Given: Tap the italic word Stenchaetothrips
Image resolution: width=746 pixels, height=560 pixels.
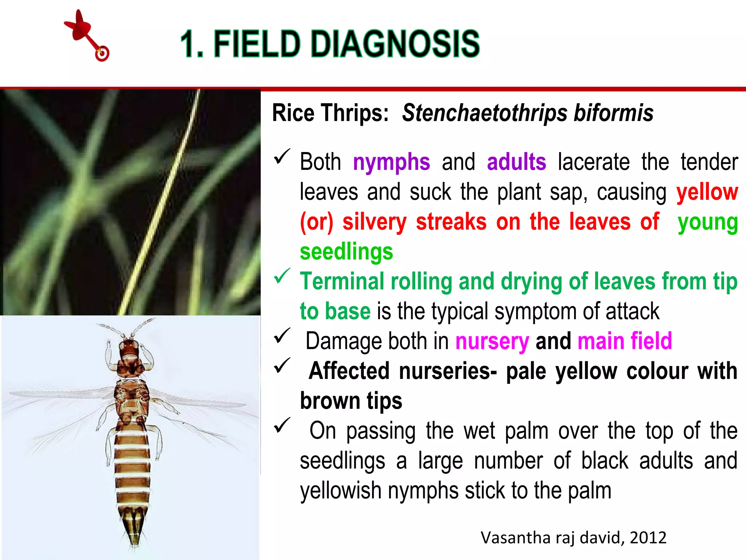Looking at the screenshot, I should [x=484, y=113].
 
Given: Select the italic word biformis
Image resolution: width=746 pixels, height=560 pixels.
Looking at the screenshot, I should [x=613, y=113].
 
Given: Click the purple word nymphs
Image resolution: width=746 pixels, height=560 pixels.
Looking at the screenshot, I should [x=391, y=162].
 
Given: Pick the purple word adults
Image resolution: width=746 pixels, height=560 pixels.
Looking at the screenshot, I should [x=516, y=162].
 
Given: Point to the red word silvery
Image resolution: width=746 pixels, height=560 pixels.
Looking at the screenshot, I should [x=374, y=222].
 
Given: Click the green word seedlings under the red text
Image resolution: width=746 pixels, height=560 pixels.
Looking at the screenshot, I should [x=346, y=252].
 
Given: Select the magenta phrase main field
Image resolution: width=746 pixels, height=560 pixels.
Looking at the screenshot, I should [x=625, y=341].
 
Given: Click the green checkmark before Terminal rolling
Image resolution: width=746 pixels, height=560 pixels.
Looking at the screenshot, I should [x=282, y=276].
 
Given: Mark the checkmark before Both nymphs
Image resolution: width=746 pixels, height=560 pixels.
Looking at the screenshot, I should [x=282, y=156].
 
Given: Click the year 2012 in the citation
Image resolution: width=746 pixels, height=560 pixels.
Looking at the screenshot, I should [x=648, y=538].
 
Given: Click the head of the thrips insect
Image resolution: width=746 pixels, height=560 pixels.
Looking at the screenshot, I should [x=129, y=349].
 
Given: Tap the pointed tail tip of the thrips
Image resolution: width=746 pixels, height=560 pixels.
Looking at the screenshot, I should [x=134, y=541].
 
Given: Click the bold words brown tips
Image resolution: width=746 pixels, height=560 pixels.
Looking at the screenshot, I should [x=351, y=401].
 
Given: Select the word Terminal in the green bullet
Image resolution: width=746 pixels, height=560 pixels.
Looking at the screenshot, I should [x=342, y=282].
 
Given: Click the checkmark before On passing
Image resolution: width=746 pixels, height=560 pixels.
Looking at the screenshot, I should [x=282, y=425].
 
